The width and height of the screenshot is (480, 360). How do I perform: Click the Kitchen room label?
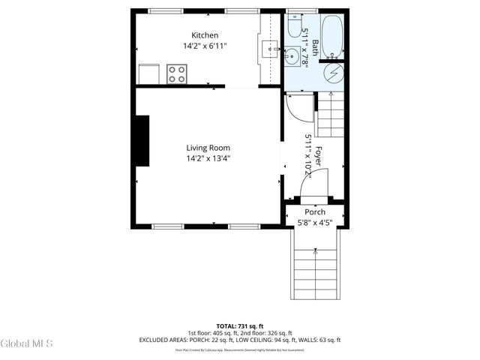[x=205, y=35]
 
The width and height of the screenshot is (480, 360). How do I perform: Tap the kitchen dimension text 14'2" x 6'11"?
[x=205, y=46]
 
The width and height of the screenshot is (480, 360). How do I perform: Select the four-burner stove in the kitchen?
[x=177, y=74]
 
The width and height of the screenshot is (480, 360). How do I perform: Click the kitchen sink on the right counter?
[x=269, y=50]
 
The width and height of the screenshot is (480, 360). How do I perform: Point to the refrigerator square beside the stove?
[x=149, y=74]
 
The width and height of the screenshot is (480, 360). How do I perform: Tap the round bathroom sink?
[x=293, y=55]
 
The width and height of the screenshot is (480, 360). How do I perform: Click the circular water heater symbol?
[x=333, y=73]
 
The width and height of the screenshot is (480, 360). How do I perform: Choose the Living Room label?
[x=208, y=148]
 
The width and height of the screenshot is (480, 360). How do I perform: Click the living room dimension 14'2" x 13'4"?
[x=208, y=158]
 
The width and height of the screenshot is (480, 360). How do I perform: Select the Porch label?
[x=314, y=212]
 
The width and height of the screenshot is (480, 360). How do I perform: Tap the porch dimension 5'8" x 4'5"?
[x=314, y=222]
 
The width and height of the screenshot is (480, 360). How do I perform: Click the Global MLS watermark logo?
[x=27, y=343]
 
